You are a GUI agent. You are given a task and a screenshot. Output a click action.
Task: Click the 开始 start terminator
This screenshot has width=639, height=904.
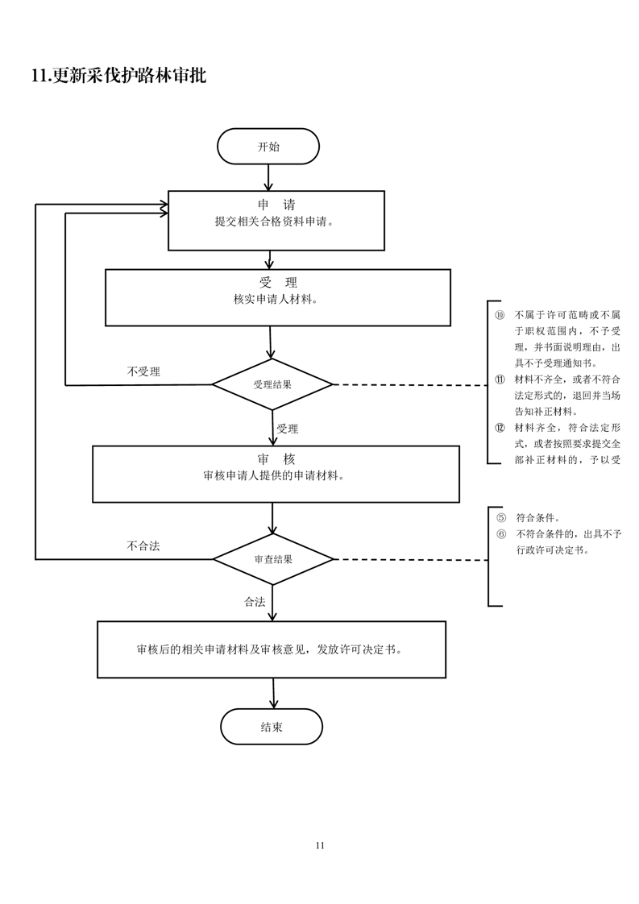[x=268, y=147]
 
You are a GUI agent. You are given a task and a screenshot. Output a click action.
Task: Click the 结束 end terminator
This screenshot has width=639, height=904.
[x=272, y=727]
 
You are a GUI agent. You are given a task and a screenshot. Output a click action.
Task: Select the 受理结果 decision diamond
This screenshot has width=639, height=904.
[x=272, y=384]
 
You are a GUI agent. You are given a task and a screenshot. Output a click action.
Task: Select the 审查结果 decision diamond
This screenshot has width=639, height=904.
[x=272, y=558]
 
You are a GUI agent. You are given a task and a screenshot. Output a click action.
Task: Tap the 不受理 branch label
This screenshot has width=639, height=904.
[x=143, y=371]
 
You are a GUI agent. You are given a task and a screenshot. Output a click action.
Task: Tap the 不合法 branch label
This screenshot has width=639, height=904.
[x=143, y=545]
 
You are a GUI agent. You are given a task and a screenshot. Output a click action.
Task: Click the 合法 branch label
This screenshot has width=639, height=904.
[x=255, y=602]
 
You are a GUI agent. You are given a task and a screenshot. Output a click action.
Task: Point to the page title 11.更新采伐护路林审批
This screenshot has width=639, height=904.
[x=118, y=77]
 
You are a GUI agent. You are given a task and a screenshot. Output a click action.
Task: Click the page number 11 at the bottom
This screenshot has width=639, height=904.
[x=320, y=845]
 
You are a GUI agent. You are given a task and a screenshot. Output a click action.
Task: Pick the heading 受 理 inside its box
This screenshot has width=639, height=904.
[x=278, y=282]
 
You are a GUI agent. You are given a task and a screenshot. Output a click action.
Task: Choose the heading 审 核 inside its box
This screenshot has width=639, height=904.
[x=276, y=458]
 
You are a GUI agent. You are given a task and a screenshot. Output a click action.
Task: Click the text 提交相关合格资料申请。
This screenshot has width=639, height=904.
[x=274, y=222]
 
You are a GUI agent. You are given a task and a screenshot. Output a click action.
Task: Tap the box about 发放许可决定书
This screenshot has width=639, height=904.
[x=271, y=649]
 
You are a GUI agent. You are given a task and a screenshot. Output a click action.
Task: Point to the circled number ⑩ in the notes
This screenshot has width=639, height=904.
[x=500, y=314]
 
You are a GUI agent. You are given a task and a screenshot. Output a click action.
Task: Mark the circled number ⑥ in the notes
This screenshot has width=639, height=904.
[x=500, y=533]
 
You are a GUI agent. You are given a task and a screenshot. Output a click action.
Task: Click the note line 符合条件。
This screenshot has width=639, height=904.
[x=537, y=518]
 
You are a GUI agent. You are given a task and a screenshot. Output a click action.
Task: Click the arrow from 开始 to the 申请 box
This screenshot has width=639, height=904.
[x=268, y=177]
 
